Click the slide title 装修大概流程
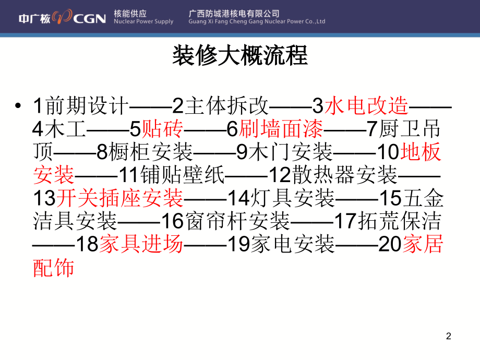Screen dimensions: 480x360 [x=240, y=55]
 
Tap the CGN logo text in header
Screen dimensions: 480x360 [x=89, y=19]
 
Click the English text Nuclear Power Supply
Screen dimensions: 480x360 [x=143, y=21]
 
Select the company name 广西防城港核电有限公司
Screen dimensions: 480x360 [x=234, y=14]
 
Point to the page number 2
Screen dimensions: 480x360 [x=449, y=336]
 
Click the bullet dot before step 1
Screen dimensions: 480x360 [x=18, y=105]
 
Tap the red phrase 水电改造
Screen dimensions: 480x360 [x=366, y=105]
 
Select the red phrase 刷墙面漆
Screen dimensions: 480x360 [x=281, y=129]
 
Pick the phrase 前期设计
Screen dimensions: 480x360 [x=87, y=105]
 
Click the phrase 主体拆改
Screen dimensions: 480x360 [x=226, y=105]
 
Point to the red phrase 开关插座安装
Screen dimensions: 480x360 [x=119, y=198]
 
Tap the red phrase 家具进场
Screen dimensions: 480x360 [x=141, y=244]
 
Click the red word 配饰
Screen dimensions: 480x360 [x=54, y=268]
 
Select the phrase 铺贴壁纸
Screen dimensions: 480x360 [x=183, y=175]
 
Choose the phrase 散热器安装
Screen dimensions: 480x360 [x=345, y=175]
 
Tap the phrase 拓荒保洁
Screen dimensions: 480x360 [x=400, y=221]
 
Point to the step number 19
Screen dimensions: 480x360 [x=239, y=245]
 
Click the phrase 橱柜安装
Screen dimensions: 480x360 [x=151, y=152]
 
